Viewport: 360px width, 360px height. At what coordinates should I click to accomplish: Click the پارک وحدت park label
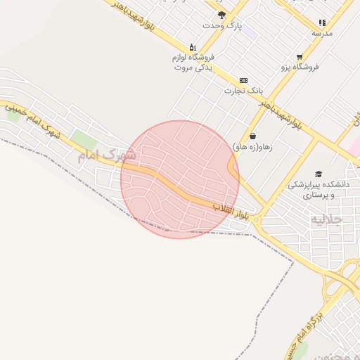tap(222, 25)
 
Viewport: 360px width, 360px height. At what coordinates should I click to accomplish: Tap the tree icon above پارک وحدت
tap(222, 14)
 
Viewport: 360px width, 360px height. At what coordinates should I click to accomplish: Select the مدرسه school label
tap(322, 33)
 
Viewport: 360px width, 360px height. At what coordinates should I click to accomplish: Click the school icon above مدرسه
tap(322, 22)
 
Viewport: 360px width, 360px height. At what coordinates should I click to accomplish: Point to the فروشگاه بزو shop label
tap(300, 67)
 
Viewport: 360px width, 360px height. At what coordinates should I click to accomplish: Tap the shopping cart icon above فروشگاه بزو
tap(300, 56)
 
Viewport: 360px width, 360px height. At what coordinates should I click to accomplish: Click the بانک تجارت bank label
tap(243, 90)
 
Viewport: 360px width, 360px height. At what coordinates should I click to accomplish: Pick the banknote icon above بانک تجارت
tap(243, 80)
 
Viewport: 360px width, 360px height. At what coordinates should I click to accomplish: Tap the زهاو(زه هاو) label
tap(253, 146)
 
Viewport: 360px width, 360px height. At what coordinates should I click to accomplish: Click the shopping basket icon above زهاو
tap(252, 136)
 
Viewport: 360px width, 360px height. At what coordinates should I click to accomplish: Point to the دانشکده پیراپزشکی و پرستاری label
tap(319, 189)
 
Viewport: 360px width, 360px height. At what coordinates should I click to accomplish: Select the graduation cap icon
tap(319, 174)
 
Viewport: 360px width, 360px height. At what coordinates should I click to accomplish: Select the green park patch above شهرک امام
tap(84, 140)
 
